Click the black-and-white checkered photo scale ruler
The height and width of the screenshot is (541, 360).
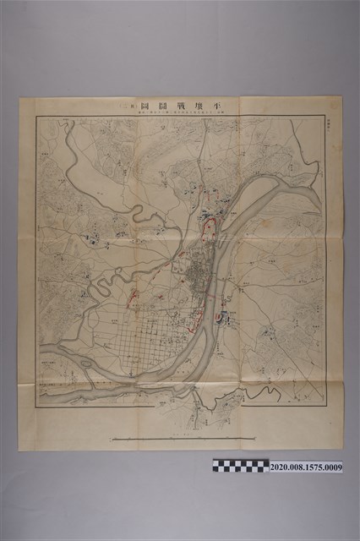tap(241, 466)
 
